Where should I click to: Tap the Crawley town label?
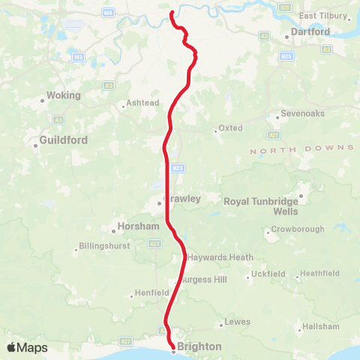pos(182,199)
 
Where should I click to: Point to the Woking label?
pos(63,95)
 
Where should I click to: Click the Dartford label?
pos(310,32)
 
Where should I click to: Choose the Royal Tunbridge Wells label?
pos(261,206)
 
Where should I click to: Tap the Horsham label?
pos(139,226)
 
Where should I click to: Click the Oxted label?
pos(232,128)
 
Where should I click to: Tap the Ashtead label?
pos(142,103)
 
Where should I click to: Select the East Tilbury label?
pos(323,16)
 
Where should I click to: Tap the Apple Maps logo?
pos(26,347)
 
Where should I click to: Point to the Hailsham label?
pos(322,326)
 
